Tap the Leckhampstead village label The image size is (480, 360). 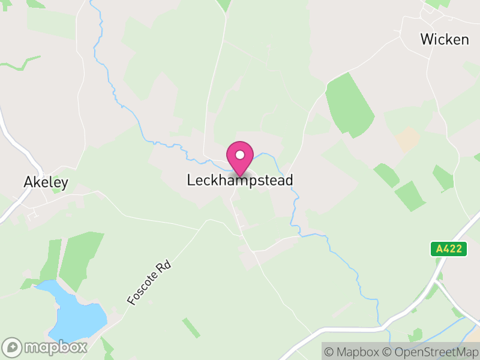(240, 180)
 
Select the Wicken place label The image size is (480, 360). (444, 40)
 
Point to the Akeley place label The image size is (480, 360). (46, 182)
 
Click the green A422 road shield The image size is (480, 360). (449, 249)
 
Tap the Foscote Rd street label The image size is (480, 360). (149, 281)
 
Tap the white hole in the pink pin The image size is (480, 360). (240, 155)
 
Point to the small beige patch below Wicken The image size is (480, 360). (408, 139)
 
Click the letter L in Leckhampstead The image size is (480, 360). (191, 180)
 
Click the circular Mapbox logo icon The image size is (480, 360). (13, 347)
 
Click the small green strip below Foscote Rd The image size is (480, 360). (191, 328)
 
